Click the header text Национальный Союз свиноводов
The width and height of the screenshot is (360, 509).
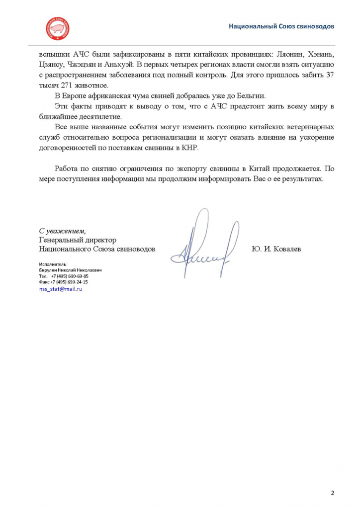(281, 25)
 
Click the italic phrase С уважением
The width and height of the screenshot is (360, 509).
(62, 231)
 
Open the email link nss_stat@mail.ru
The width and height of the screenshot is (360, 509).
(60, 289)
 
